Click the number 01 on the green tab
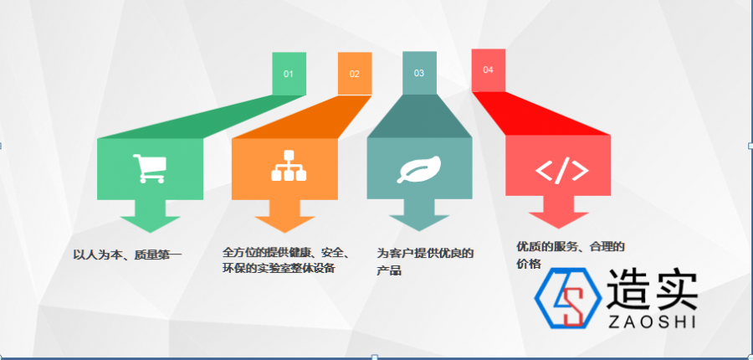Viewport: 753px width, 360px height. coord(288,74)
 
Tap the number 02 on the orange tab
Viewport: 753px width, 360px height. coord(354,74)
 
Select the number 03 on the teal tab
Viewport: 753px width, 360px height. coord(419,73)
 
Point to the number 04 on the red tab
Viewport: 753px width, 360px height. coord(488,70)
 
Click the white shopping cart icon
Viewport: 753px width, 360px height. coord(150,168)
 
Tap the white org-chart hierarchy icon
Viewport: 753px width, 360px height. coord(289,166)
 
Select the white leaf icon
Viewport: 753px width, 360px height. coord(419,169)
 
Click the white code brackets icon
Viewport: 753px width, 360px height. coord(562,171)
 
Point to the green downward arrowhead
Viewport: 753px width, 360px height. coord(151,224)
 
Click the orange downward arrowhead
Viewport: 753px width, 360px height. coord(284,224)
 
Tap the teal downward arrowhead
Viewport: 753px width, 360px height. coord(419,224)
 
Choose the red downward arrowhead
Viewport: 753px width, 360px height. coord(559,221)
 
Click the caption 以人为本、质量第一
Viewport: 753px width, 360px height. coord(127,255)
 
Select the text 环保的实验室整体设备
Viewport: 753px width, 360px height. coord(279,268)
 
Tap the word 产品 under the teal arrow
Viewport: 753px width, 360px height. coord(389,270)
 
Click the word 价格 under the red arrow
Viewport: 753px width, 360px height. coord(529,264)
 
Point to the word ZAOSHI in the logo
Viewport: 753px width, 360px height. coord(652,322)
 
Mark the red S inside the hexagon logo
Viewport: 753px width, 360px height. coord(573,306)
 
